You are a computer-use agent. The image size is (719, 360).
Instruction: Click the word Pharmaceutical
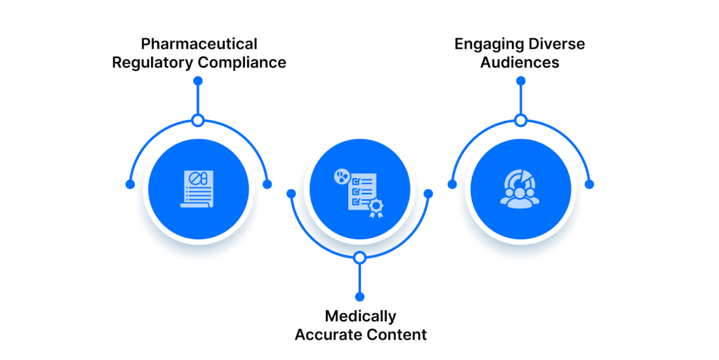tap(198, 44)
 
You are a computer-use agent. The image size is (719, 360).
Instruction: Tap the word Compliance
tap(242, 62)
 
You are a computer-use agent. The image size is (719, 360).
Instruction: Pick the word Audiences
tap(520, 62)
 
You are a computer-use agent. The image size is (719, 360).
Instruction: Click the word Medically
tap(359, 316)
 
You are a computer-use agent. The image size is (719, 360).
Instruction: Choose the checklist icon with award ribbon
tap(359, 190)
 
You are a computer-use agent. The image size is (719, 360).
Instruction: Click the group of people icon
tap(520, 188)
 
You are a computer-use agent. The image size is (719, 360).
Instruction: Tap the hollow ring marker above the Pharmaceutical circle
tap(198, 121)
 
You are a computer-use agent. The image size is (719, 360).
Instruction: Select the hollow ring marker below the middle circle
tap(359, 258)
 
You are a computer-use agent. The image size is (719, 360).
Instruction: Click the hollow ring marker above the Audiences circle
tap(520, 121)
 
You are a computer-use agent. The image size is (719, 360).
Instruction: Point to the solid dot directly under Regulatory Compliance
tap(198, 81)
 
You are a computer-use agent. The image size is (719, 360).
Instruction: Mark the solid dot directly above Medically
tap(359, 297)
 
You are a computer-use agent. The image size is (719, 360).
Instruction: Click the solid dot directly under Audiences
tap(520, 81)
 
